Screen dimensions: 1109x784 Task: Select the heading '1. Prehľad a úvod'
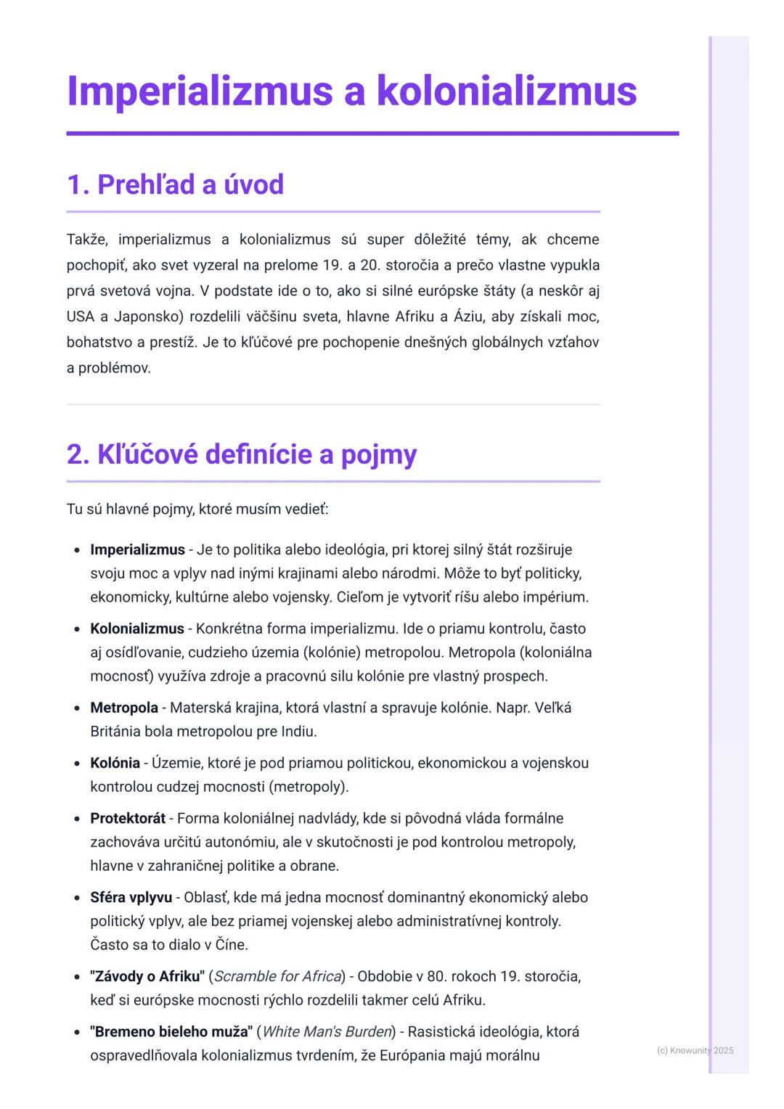click(175, 184)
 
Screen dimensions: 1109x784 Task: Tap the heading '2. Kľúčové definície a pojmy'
click(242, 454)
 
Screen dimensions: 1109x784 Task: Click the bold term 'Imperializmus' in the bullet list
click(137, 549)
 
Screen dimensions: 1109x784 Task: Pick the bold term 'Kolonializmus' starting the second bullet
click(137, 629)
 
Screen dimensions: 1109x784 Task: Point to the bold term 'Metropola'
click(124, 708)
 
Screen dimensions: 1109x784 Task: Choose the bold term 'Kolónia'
click(115, 763)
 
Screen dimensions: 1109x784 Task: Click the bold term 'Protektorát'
click(128, 818)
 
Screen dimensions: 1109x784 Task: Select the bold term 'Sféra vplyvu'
click(131, 897)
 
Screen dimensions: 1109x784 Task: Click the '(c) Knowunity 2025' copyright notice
click(695, 1050)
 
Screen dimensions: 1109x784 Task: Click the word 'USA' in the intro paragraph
click(80, 316)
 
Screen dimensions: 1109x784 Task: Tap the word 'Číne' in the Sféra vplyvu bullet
click(232, 945)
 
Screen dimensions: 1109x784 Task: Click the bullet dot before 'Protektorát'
click(77, 819)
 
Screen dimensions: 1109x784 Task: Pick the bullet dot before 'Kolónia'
click(77, 764)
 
